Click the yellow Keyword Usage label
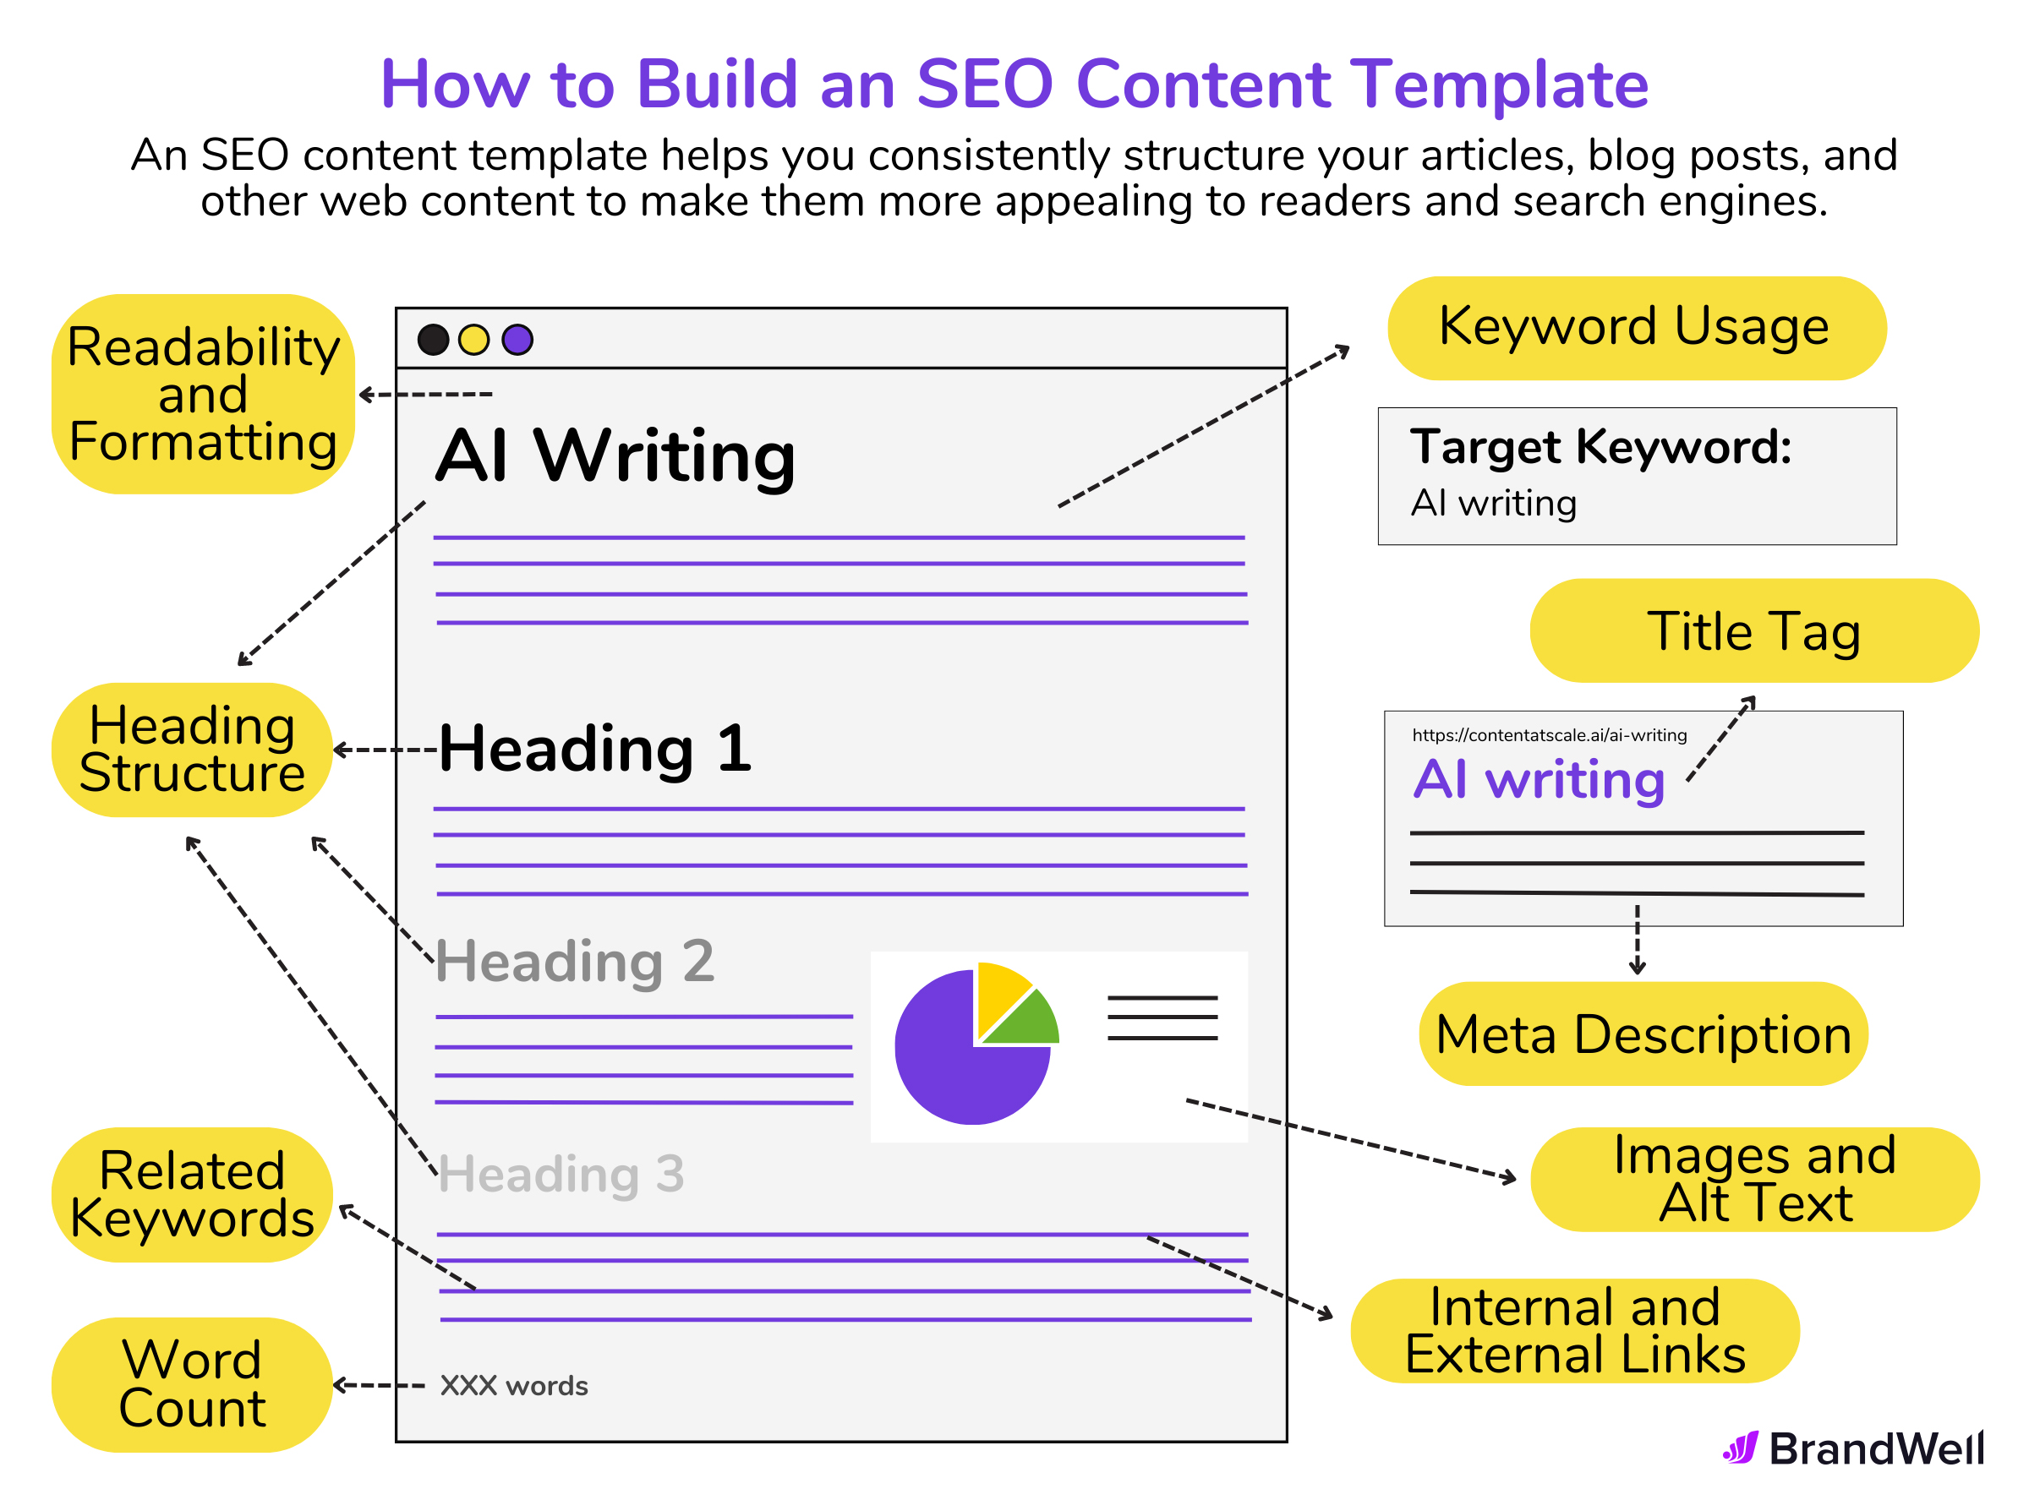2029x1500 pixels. coord(1636,329)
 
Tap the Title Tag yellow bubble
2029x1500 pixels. coord(1753,631)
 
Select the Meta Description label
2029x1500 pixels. coord(1643,1034)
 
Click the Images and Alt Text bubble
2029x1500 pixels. coord(1753,1180)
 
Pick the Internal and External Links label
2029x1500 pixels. coord(1574,1331)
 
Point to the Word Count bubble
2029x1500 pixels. coord(192,1385)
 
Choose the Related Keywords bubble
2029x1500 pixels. coord(192,1195)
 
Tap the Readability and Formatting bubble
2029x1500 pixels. coord(203,394)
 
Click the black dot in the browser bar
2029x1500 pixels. coord(433,340)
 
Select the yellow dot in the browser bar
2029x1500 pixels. coord(474,340)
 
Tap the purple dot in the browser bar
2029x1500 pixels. coord(517,340)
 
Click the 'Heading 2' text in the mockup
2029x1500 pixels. coord(575,962)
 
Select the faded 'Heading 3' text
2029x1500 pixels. coord(561,1174)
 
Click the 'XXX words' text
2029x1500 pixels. coord(514,1386)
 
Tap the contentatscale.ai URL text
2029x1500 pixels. coord(1549,735)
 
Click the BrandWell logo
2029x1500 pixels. coord(1853,1448)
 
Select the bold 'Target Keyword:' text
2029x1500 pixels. coord(1600,447)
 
